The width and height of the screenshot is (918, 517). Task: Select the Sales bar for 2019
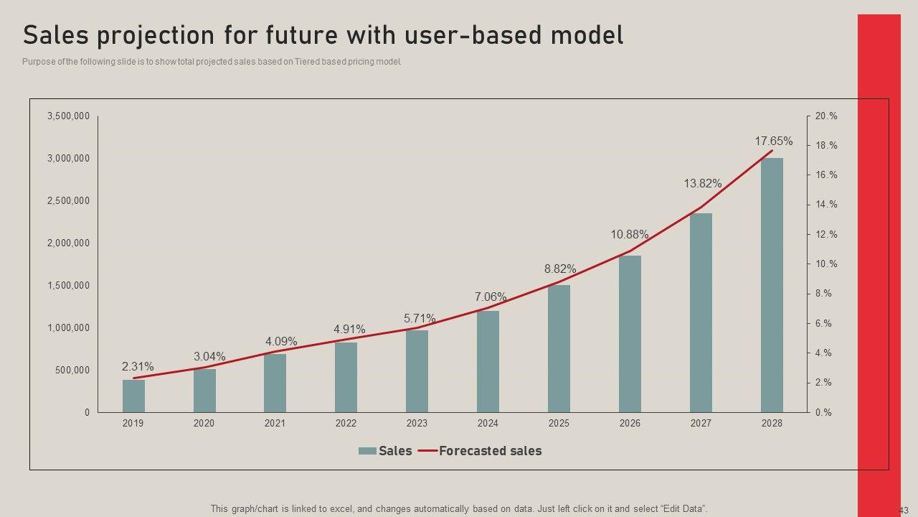click(x=133, y=396)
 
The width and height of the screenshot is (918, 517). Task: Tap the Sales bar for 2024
click(x=488, y=362)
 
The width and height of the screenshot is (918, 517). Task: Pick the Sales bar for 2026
click(x=630, y=334)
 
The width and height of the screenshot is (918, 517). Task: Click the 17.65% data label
click(x=773, y=141)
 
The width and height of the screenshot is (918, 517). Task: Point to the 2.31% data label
click(x=137, y=367)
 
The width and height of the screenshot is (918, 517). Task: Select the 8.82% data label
click(x=559, y=269)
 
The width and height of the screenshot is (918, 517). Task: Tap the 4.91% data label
click(x=349, y=330)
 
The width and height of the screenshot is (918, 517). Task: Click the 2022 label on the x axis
click(x=346, y=424)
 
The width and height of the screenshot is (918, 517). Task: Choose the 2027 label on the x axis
click(x=701, y=424)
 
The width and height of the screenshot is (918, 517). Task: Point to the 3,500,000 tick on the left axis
click(x=68, y=116)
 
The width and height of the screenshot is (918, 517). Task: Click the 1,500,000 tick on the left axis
click(x=68, y=286)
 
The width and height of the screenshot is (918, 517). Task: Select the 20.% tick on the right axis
click(x=826, y=116)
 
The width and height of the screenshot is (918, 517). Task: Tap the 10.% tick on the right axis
click(x=826, y=264)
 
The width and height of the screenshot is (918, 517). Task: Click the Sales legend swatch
click(x=367, y=451)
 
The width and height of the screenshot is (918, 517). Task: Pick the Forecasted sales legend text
click(x=490, y=451)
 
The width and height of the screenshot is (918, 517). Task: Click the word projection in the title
click(x=180, y=35)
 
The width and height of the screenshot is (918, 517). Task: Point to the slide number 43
click(x=904, y=511)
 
